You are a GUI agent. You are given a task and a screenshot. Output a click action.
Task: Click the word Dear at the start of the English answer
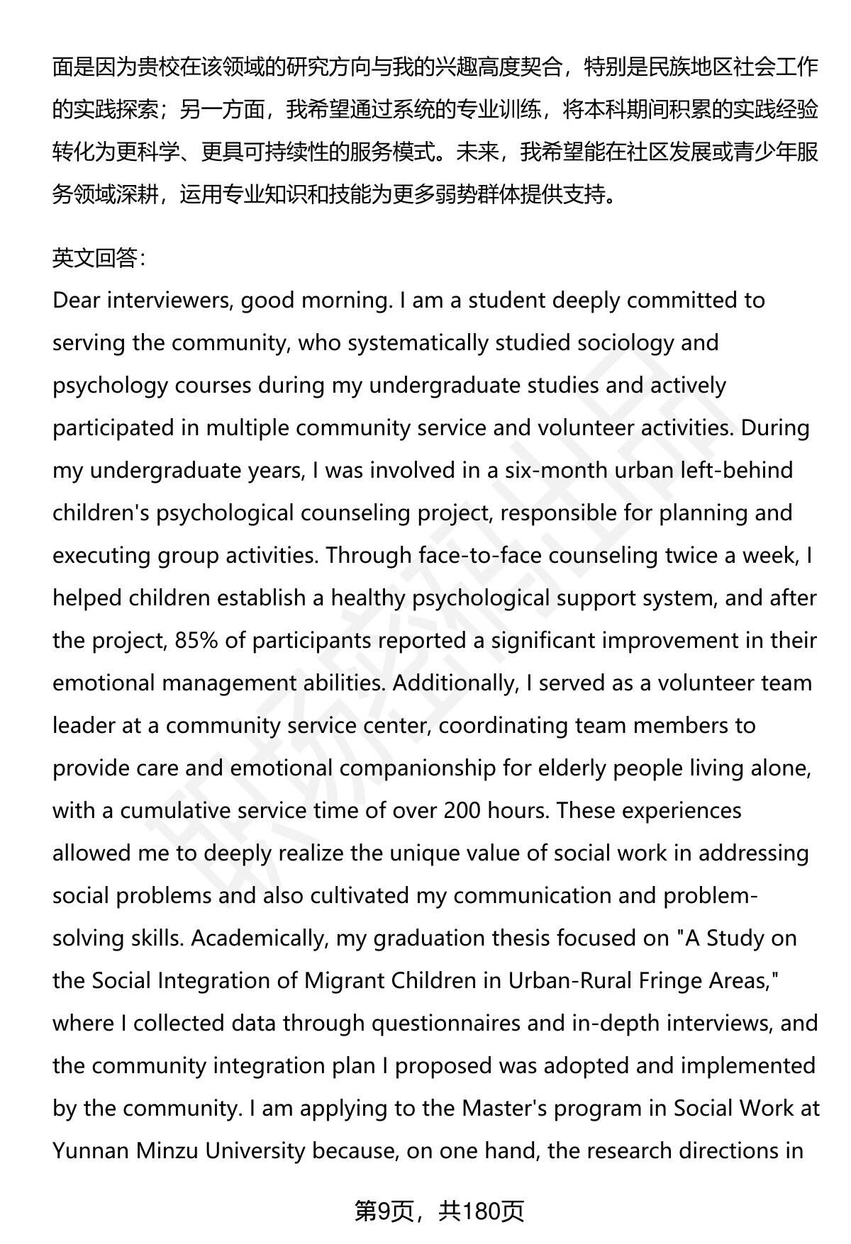(x=75, y=301)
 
